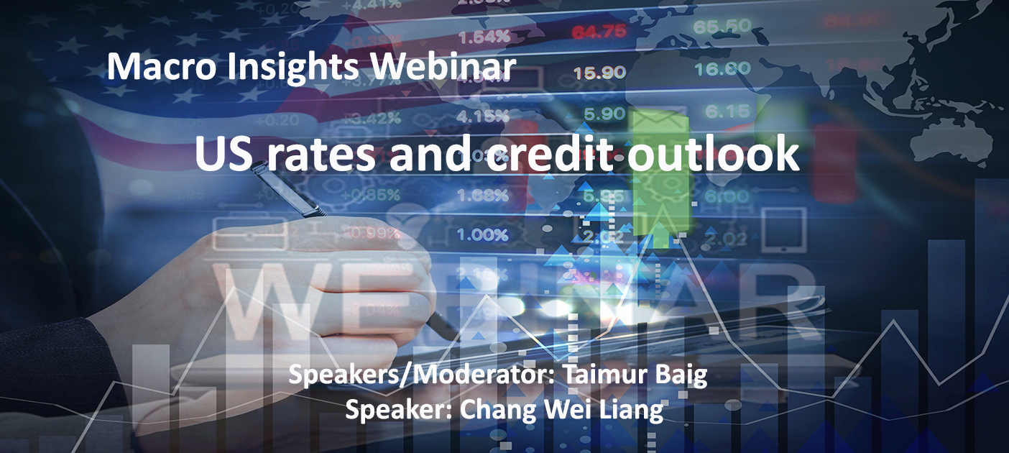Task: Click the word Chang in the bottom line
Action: pyautogui.click(x=488, y=410)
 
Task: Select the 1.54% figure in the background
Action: pyautogui.click(x=485, y=37)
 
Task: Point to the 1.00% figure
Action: pyautogui.click(x=485, y=235)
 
